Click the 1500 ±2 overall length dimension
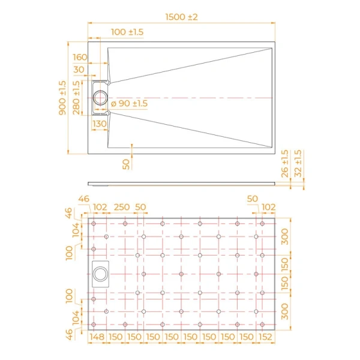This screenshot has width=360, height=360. (x=181, y=17)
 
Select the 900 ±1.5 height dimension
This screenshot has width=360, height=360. (x=62, y=98)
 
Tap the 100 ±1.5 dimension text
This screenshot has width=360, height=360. (x=127, y=32)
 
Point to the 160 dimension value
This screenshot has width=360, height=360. (x=80, y=58)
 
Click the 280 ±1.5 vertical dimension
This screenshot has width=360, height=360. (x=76, y=97)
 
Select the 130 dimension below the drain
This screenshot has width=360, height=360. (x=99, y=124)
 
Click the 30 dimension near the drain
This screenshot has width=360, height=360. (x=79, y=70)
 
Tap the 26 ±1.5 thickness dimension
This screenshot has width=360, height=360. (x=285, y=164)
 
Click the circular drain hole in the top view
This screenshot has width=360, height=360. (x=100, y=97)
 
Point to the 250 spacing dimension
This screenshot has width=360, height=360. (x=122, y=207)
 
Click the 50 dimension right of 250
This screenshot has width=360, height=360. (x=141, y=207)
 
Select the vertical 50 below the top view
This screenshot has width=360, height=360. (x=126, y=163)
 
